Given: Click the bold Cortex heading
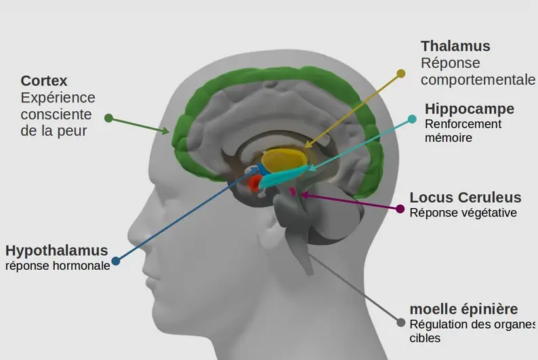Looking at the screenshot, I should click(x=44, y=81).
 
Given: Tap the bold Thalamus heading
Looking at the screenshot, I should click(x=455, y=46).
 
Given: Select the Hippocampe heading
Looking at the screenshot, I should click(x=469, y=109).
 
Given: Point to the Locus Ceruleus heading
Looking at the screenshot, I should click(x=465, y=198).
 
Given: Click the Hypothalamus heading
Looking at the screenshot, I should click(x=56, y=250).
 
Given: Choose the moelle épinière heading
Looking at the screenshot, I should click(x=463, y=309).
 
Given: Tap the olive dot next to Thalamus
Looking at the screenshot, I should click(x=401, y=73).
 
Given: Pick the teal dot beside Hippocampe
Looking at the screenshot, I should click(x=412, y=119).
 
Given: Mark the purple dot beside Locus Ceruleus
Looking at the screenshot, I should click(x=400, y=209).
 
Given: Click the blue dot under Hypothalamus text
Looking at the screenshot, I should click(x=116, y=261).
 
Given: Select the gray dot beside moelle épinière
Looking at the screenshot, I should click(x=401, y=323).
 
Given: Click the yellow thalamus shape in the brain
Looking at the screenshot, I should click(x=283, y=159).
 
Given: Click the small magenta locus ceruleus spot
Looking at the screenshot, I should click(x=293, y=192).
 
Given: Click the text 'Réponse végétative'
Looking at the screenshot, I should click(x=463, y=213).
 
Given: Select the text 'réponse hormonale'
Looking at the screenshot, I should click(x=58, y=266).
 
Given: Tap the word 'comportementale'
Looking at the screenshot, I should click(x=478, y=80).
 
